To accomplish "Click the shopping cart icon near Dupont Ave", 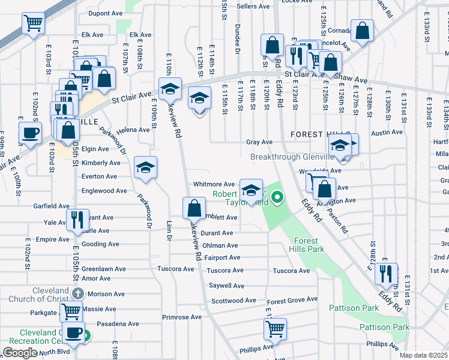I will [x=34, y=23].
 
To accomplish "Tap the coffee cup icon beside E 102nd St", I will [x=29, y=133].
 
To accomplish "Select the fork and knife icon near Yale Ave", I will [x=76, y=219].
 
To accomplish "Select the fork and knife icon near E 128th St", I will [x=386, y=274].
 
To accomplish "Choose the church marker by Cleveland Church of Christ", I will [x=77, y=294].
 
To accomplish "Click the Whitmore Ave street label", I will [x=214, y=184].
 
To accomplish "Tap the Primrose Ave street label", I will [x=182, y=317].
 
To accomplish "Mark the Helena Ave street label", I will [x=133, y=130].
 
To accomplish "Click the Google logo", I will [x=20, y=353].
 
